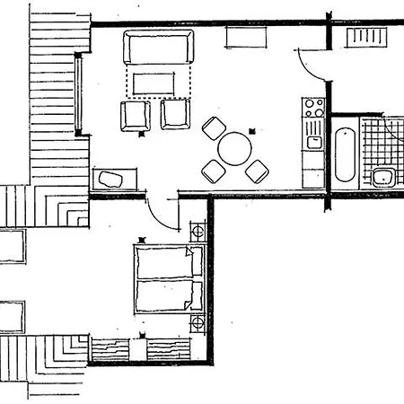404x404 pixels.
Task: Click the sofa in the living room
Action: click(158, 47)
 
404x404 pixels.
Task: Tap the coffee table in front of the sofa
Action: click(158, 83)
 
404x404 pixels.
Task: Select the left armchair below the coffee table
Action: click(135, 115)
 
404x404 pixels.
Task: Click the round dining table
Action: click(236, 147)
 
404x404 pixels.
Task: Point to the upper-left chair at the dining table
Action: click(214, 127)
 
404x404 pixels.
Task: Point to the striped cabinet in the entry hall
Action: click(367, 37)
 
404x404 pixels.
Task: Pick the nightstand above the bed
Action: click(198, 233)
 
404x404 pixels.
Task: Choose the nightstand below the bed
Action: click(198, 324)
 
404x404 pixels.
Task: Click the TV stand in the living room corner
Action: click(113, 179)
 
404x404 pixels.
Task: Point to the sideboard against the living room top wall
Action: click(246, 37)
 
